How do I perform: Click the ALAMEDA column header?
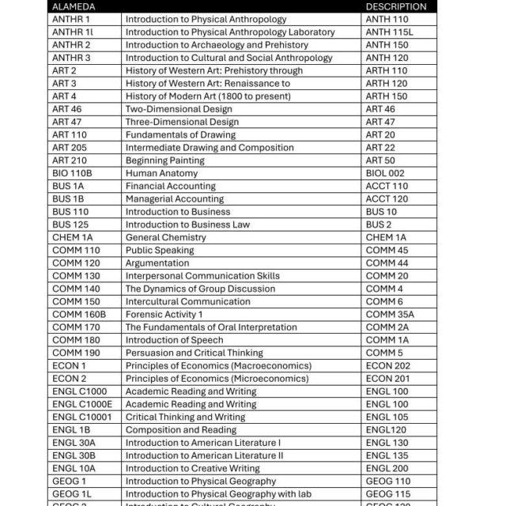(74, 6)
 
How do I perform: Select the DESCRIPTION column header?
(395, 6)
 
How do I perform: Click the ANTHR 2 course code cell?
(71, 45)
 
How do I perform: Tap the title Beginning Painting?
(164, 160)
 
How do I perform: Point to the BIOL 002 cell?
(385, 173)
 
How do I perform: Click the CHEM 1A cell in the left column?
(73, 237)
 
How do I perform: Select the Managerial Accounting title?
(175, 199)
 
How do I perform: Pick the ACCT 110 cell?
(387, 187)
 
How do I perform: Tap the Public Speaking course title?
(159, 251)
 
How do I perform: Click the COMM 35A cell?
(390, 315)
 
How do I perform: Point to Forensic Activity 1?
(164, 315)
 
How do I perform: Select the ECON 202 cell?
(388, 366)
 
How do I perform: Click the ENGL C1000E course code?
(82, 404)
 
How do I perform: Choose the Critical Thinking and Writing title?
(185, 417)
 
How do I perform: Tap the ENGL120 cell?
(385, 430)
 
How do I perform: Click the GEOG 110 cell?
(388, 481)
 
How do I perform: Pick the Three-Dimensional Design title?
(182, 122)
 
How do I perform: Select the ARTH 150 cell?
(387, 96)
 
